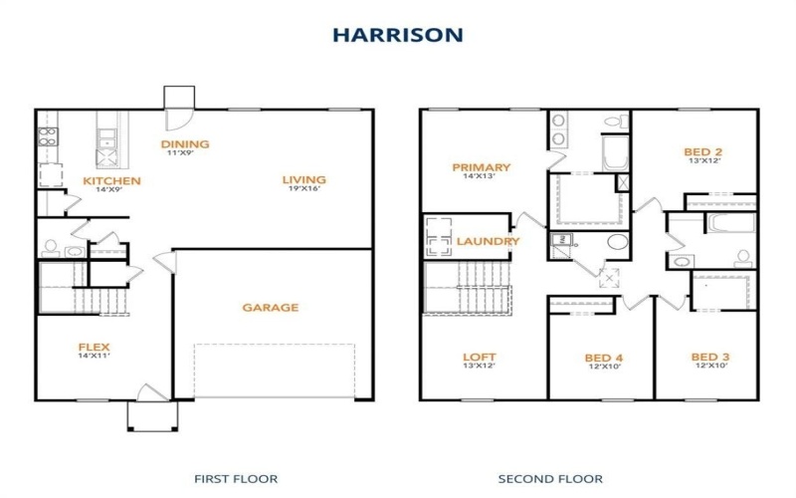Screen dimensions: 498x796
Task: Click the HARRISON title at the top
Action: pyautogui.click(x=397, y=34)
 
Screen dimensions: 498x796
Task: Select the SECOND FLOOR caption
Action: pyautogui.click(x=549, y=478)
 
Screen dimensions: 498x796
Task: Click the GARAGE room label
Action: pyautogui.click(x=270, y=308)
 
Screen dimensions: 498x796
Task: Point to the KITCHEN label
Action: pyautogui.click(x=111, y=181)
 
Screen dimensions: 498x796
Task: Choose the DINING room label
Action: pyautogui.click(x=185, y=144)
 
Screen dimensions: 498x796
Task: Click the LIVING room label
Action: pyautogui.click(x=303, y=180)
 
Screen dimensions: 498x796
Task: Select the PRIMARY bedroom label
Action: pyautogui.click(x=481, y=167)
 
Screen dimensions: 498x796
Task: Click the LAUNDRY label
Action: pyautogui.click(x=488, y=241)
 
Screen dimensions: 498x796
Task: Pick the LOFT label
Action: pyautogui.click(x=479, y=357)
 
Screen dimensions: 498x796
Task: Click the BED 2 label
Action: pyautogui.click(x=702, y=152)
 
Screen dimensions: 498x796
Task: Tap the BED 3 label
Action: pyautogui.click(x=710, y=357)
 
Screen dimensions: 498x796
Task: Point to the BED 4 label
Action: pyautogui.click(x=604, y=358)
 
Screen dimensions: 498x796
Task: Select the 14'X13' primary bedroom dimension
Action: pyautogui.click(x=481, y=176)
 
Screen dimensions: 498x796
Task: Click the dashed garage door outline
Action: pyautogui.click(x=274, y=371)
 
